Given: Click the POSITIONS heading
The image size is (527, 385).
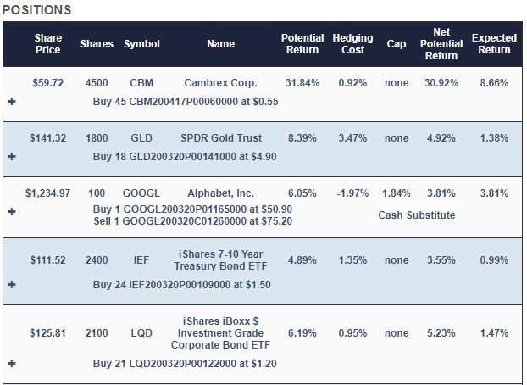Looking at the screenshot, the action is tap(36, 10).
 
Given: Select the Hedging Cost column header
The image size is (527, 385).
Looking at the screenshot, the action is tap(353, 44).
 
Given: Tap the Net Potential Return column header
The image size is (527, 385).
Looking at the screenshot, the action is tap(441, 44).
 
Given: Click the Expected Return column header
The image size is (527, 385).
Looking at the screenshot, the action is tap(494, 44).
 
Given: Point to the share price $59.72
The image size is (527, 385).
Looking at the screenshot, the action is tap(48, 83).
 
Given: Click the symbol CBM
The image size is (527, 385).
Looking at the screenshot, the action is tap(141, 83).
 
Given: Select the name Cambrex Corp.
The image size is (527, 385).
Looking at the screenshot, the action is tap(220, 83).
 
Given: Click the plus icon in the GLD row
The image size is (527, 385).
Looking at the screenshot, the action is tap(12, 157).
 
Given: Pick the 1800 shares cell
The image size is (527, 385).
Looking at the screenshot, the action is tap(97, 138).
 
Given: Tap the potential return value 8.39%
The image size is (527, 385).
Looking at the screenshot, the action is tap(302, 138).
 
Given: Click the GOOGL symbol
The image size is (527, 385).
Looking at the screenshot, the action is tap(141, 193).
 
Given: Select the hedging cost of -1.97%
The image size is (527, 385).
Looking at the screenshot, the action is tap(353, 193).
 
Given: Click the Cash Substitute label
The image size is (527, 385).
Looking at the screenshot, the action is tap(417, 215).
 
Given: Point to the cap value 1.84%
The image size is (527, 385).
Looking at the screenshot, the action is tap(397, 193).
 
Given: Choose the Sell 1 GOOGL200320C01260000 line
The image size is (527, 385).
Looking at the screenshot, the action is tap(193, 221).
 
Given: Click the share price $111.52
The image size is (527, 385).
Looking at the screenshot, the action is tap(48, 260).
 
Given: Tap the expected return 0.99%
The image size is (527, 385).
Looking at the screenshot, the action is tap(494, 260).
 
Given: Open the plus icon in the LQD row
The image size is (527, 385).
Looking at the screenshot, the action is tap(12, 364).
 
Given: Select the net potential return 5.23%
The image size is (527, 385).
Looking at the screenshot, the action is tap(441, 333).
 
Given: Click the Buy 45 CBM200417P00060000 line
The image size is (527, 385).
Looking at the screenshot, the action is tap(186, 102).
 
